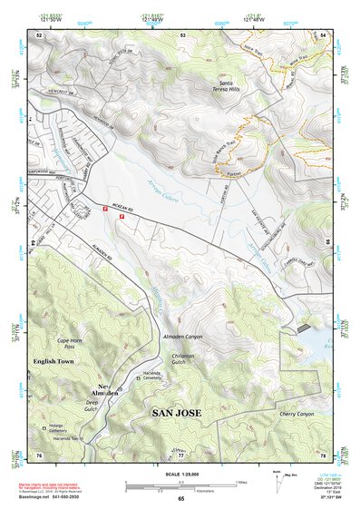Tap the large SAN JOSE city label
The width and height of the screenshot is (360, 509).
175,413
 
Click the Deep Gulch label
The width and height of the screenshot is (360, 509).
92,404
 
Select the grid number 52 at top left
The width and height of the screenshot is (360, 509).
40,34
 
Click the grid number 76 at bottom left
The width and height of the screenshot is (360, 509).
40,454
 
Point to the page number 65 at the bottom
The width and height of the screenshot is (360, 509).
180,499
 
